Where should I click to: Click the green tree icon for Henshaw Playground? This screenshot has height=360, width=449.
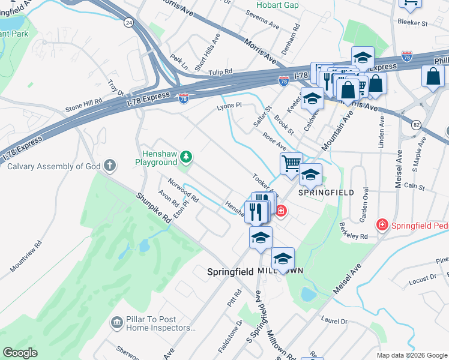pyautogui.click(x=187, y=157)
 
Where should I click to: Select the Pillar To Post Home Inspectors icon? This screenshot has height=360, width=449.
pyautogui.click(x=116, y=323)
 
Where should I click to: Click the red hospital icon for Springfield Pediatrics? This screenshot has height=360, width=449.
pyautogui.click(x=381, y=225)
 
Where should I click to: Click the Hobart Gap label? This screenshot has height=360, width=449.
pyautogui.click(x=277, y=5)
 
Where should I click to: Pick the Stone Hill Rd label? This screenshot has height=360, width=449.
pyautogui.click(x=84, y=107)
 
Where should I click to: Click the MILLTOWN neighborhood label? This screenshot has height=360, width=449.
pyautogui.click(x=280, y=272)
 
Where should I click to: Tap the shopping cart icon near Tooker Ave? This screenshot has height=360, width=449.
pyautogui.click(x=291, y=163)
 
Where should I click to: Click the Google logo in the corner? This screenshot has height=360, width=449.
pyautogui.click(x=20, y=353)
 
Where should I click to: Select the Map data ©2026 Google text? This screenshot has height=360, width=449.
pyautogui.click(x=411, y=355)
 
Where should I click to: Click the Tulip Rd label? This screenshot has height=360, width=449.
pyautogui.click(x=220, y=71)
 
